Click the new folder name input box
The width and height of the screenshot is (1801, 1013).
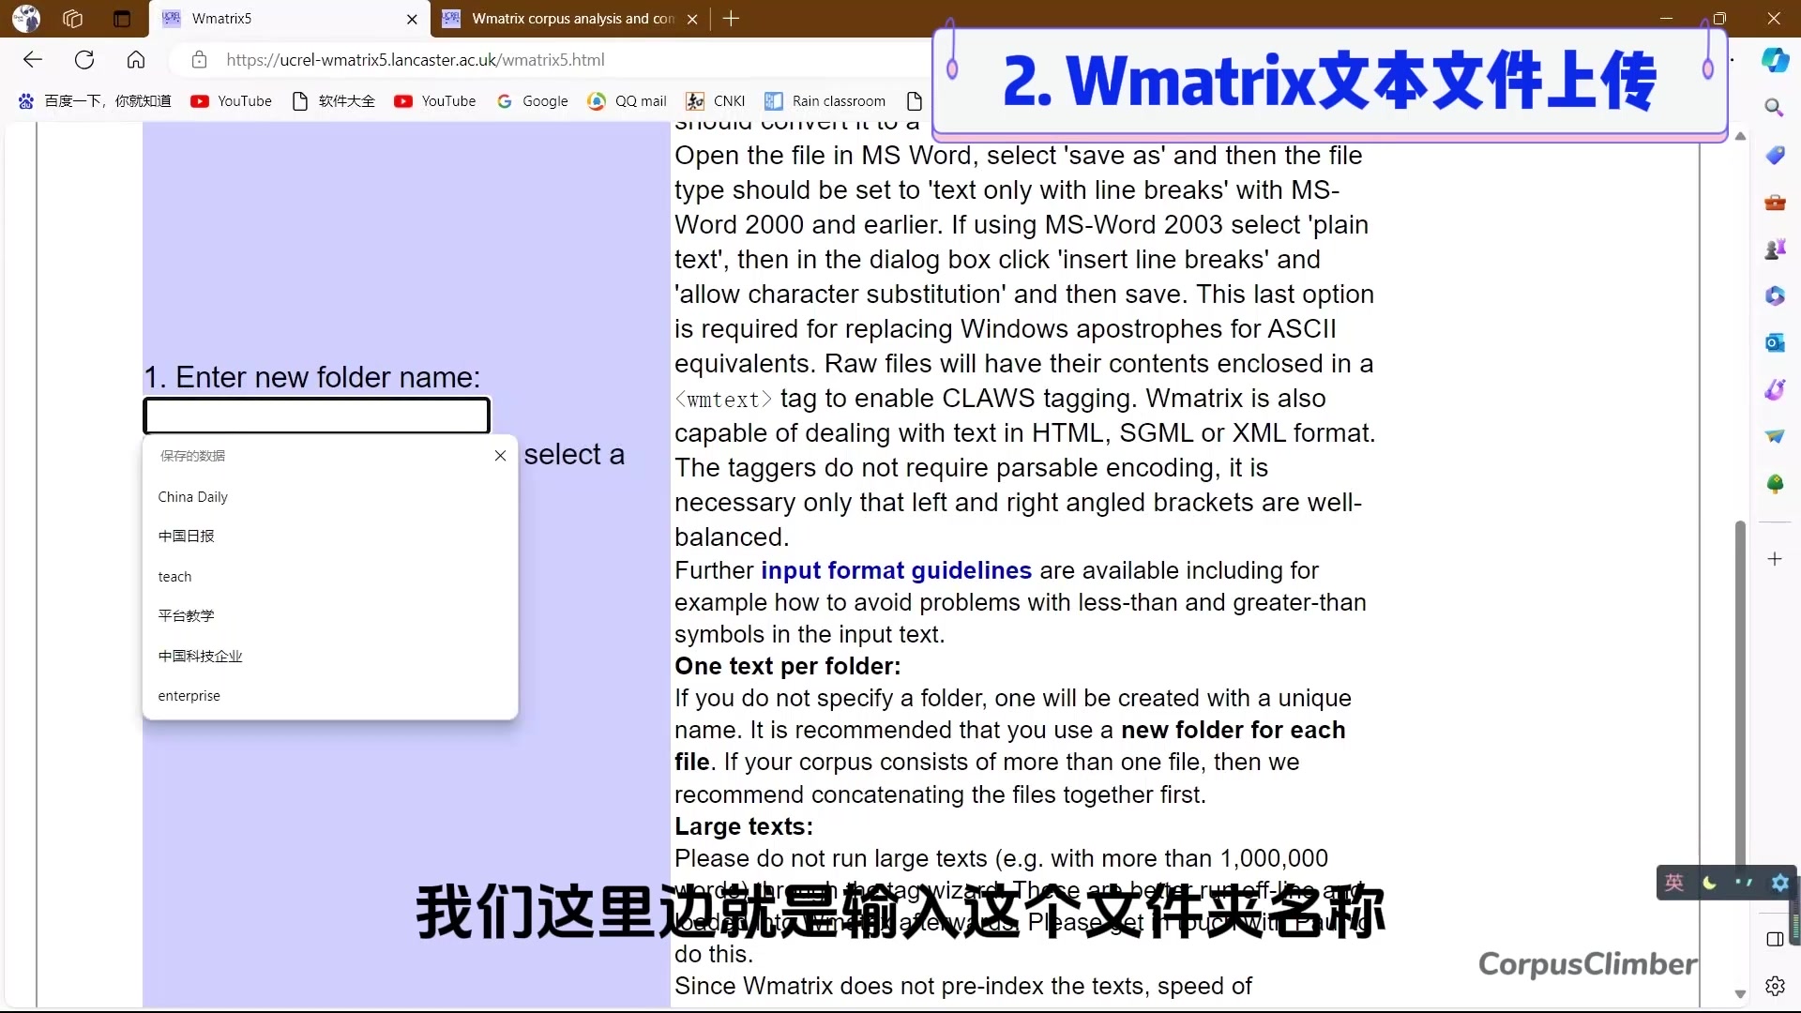pyautogui.click(x=316, y=416)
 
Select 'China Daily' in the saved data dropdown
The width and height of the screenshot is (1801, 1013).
pyautogui.click(x=193, y=497)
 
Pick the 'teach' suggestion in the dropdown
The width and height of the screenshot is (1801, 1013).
pyautogui.click(x=174, y=577)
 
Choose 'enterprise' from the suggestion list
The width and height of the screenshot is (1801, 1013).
pyautogui.click(x=189, y=696)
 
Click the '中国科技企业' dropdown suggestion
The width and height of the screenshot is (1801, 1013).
pyautogui.click(x=200, y=656)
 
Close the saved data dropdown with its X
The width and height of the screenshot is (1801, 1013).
pyautogui.click(x=500, y=456)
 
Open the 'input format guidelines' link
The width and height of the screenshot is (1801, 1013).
pyautogui.click(x=896, y=570)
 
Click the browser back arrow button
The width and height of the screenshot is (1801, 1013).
pyautogui.click(x=33, y=60)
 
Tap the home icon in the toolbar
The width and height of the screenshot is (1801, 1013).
pyautogui.click(x=136, y=60)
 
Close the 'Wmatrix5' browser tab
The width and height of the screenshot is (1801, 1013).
pyautogui.click(x=412, y=19)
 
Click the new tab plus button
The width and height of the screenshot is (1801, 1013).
pyautogui.click(x=732, y=19)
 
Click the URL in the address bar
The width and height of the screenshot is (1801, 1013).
pyautogui.click(x=415, y=60)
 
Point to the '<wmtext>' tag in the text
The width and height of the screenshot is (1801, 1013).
pyautogui.click(x=723, y=400)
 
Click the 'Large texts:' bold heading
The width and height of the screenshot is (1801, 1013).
pyautogui.click(x=744, y=826)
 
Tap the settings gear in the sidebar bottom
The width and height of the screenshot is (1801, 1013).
pyautogui.click(x=1775, y=986)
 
